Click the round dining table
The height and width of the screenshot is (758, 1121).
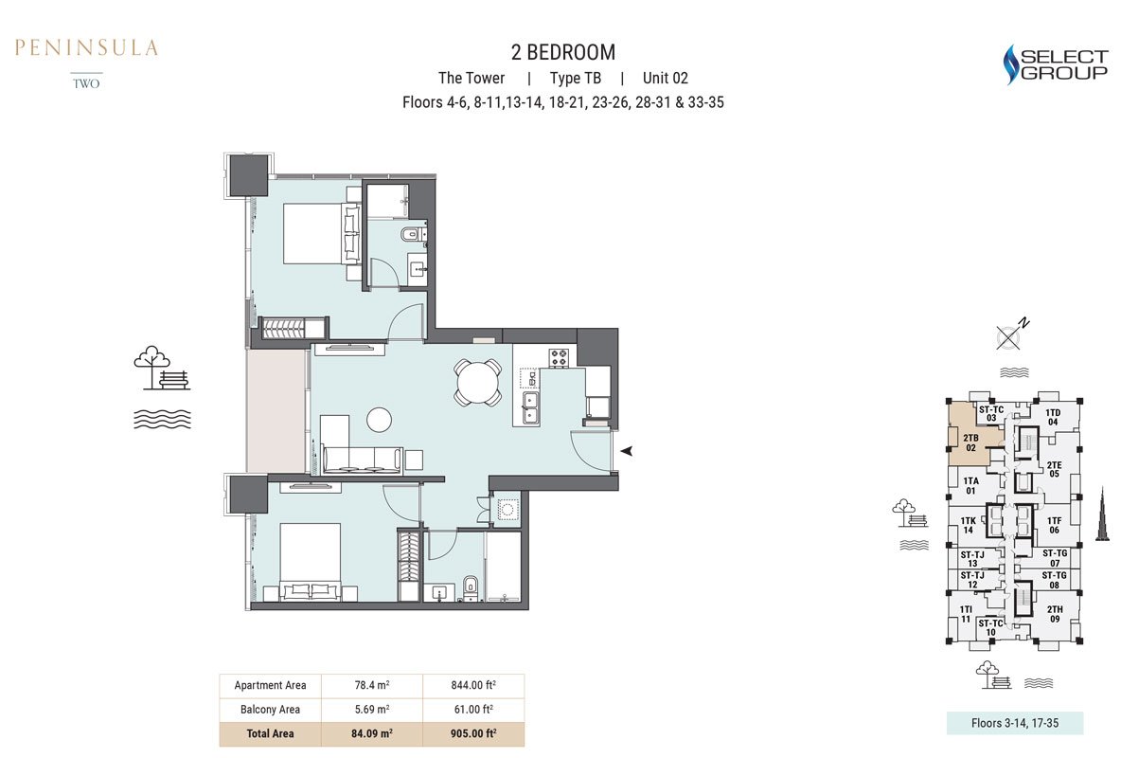(477, 382)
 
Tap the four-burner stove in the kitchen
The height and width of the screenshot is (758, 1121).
(559, 358)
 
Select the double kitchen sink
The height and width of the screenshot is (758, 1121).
(530, 407)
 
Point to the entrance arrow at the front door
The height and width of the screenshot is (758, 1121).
(626, 451)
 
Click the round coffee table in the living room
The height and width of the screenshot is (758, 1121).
(379, 420)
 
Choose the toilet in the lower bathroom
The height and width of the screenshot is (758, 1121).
(470, 587)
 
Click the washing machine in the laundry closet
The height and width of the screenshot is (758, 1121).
(507, 510)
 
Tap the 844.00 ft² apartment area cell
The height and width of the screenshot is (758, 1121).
(473, 685)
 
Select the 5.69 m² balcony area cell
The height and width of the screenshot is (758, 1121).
(372, 710)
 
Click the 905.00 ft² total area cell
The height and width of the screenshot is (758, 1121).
(473, 733)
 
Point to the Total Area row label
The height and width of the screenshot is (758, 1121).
(270, 733)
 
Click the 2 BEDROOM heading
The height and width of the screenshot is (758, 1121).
(562, 52)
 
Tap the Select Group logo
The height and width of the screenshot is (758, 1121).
(1056, 64)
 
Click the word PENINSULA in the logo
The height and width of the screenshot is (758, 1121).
(86, 48)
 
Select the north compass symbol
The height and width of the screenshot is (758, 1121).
(1011, 334)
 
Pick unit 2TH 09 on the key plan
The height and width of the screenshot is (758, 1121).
(1055, 614)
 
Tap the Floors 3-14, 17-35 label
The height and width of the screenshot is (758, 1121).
(1014, 723)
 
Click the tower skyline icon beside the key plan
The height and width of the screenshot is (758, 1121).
(1103, 514)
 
